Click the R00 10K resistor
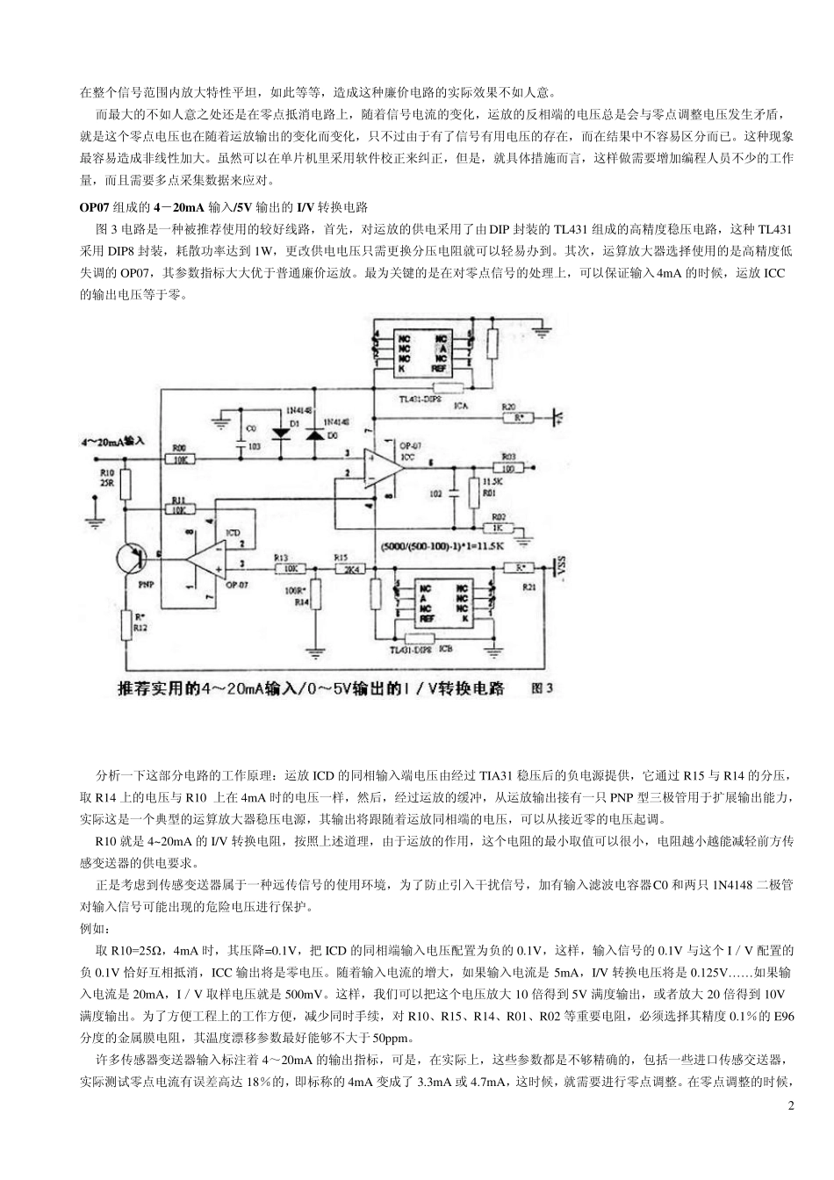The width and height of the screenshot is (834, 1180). [x=180, y=458]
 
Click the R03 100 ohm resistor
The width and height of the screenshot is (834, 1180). [x=509, y=466]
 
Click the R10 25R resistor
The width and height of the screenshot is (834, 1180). [x=126, y=481]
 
